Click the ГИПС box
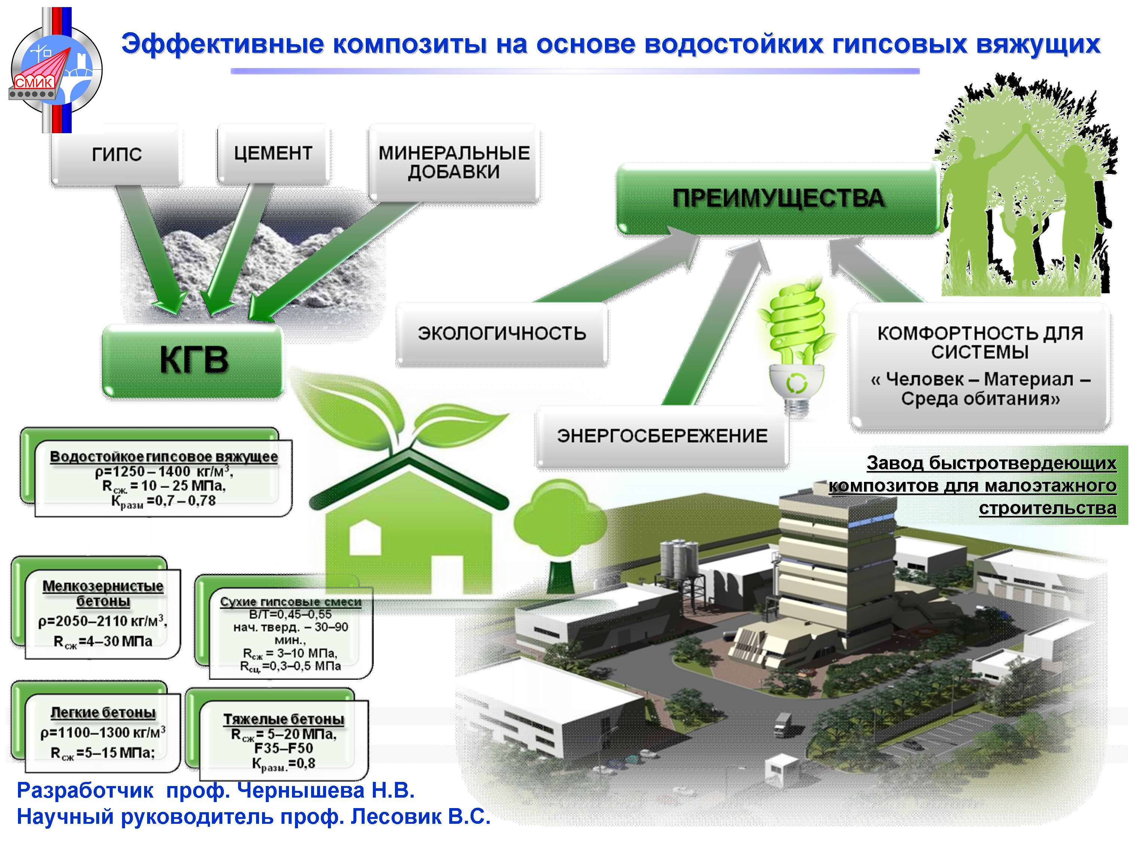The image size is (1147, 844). (116, 154)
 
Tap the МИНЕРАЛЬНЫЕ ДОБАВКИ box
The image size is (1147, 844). (454, 162)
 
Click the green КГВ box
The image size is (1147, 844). (193, 361)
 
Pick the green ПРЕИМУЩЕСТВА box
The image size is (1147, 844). (778, 198)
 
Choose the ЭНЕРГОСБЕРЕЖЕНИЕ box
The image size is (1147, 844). (662, 436)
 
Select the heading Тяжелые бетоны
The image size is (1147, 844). (284, 719)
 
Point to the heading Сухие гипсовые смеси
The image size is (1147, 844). (290, 602)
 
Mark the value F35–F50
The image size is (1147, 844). (284, 749)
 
